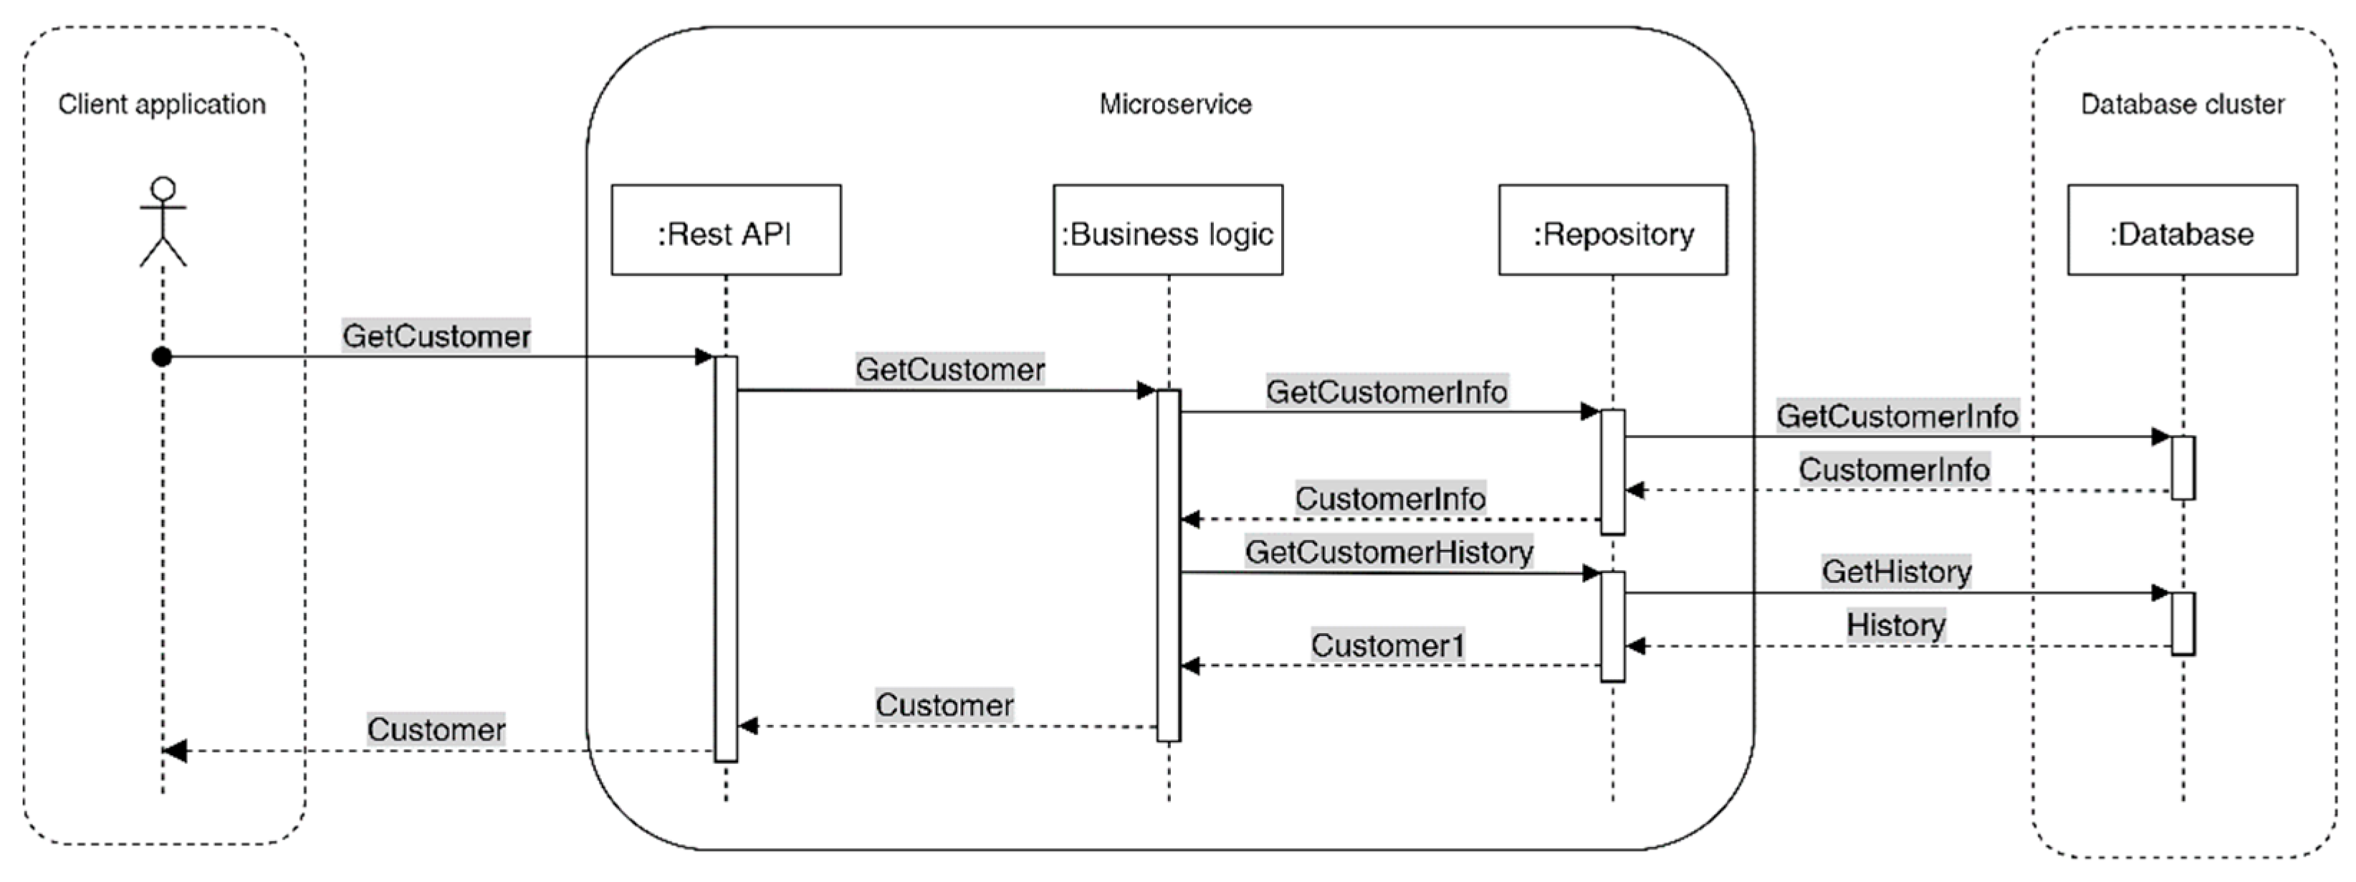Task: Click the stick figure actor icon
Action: [x=163, y=222]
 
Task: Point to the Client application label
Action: [x=162, y=104]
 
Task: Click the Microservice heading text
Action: [x=1174, y=104]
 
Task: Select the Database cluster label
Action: [x=2182, y=104]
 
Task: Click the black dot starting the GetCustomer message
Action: [x=162, y=357]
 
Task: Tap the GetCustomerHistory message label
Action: [x=1389, y=551]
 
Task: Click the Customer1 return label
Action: [x=1387, y=645]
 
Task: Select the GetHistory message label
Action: [x=1896, y=571]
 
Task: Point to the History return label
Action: [x=1895, y=625]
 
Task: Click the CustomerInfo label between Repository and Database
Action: [x=1894, y=470]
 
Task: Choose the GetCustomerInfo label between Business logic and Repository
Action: [x=1387, y=392]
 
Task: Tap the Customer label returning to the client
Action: [x=436, y=729]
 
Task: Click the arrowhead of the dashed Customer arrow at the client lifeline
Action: [x=174, y=751]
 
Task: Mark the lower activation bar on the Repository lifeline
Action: [x=1612, y=627]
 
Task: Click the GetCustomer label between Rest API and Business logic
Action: [x=949, y=369]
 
